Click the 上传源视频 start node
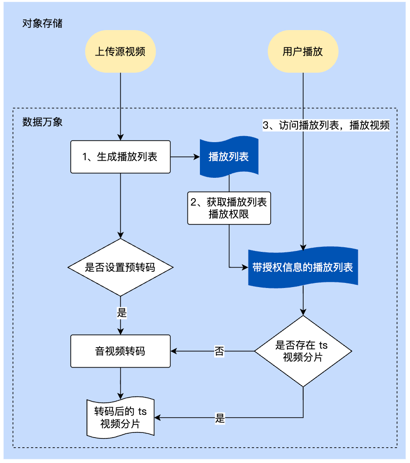120,51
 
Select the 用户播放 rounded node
303,51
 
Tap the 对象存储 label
42,23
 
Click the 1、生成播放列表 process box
120,157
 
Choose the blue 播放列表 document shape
229,156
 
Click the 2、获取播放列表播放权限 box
229,208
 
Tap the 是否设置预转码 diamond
120,268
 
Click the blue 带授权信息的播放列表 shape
303,267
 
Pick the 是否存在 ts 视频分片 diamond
303,351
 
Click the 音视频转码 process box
120,351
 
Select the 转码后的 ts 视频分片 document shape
120,418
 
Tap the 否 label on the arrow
219,351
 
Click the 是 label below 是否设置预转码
121,313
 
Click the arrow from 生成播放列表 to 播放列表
185,157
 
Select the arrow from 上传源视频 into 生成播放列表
120,106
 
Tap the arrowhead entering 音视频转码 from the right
174,351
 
